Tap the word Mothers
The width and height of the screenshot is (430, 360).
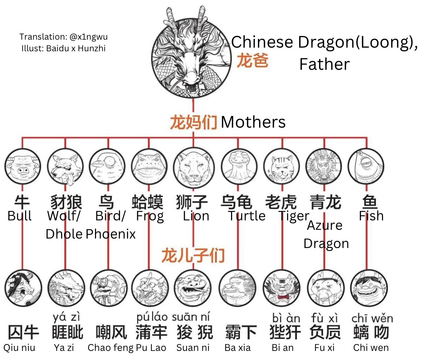[253, 122]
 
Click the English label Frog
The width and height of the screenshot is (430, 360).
[150, 216]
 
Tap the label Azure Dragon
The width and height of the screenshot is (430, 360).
[326, 234]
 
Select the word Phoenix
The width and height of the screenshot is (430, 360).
[111, 233]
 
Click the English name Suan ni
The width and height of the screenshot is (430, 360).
[193, 348]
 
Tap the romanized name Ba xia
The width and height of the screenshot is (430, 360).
[238, 348]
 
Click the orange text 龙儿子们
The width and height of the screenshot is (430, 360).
[193, 255]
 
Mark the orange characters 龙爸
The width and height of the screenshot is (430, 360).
[253, 61]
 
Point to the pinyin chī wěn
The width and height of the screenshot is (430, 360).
[372, 319]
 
